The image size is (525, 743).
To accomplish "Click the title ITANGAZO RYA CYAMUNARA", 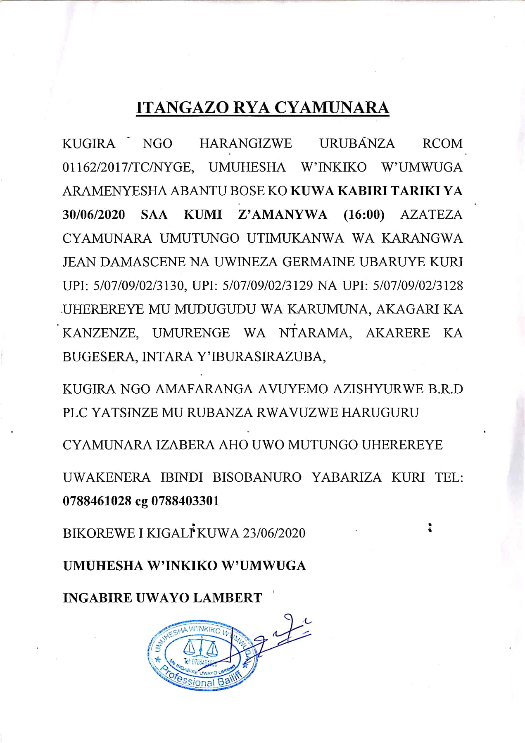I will pos(263,108).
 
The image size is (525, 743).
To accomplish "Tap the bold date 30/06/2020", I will pos(93,215).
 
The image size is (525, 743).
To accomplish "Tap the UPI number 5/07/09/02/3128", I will pos(418,286).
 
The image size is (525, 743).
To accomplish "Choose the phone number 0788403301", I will pos(185,501).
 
